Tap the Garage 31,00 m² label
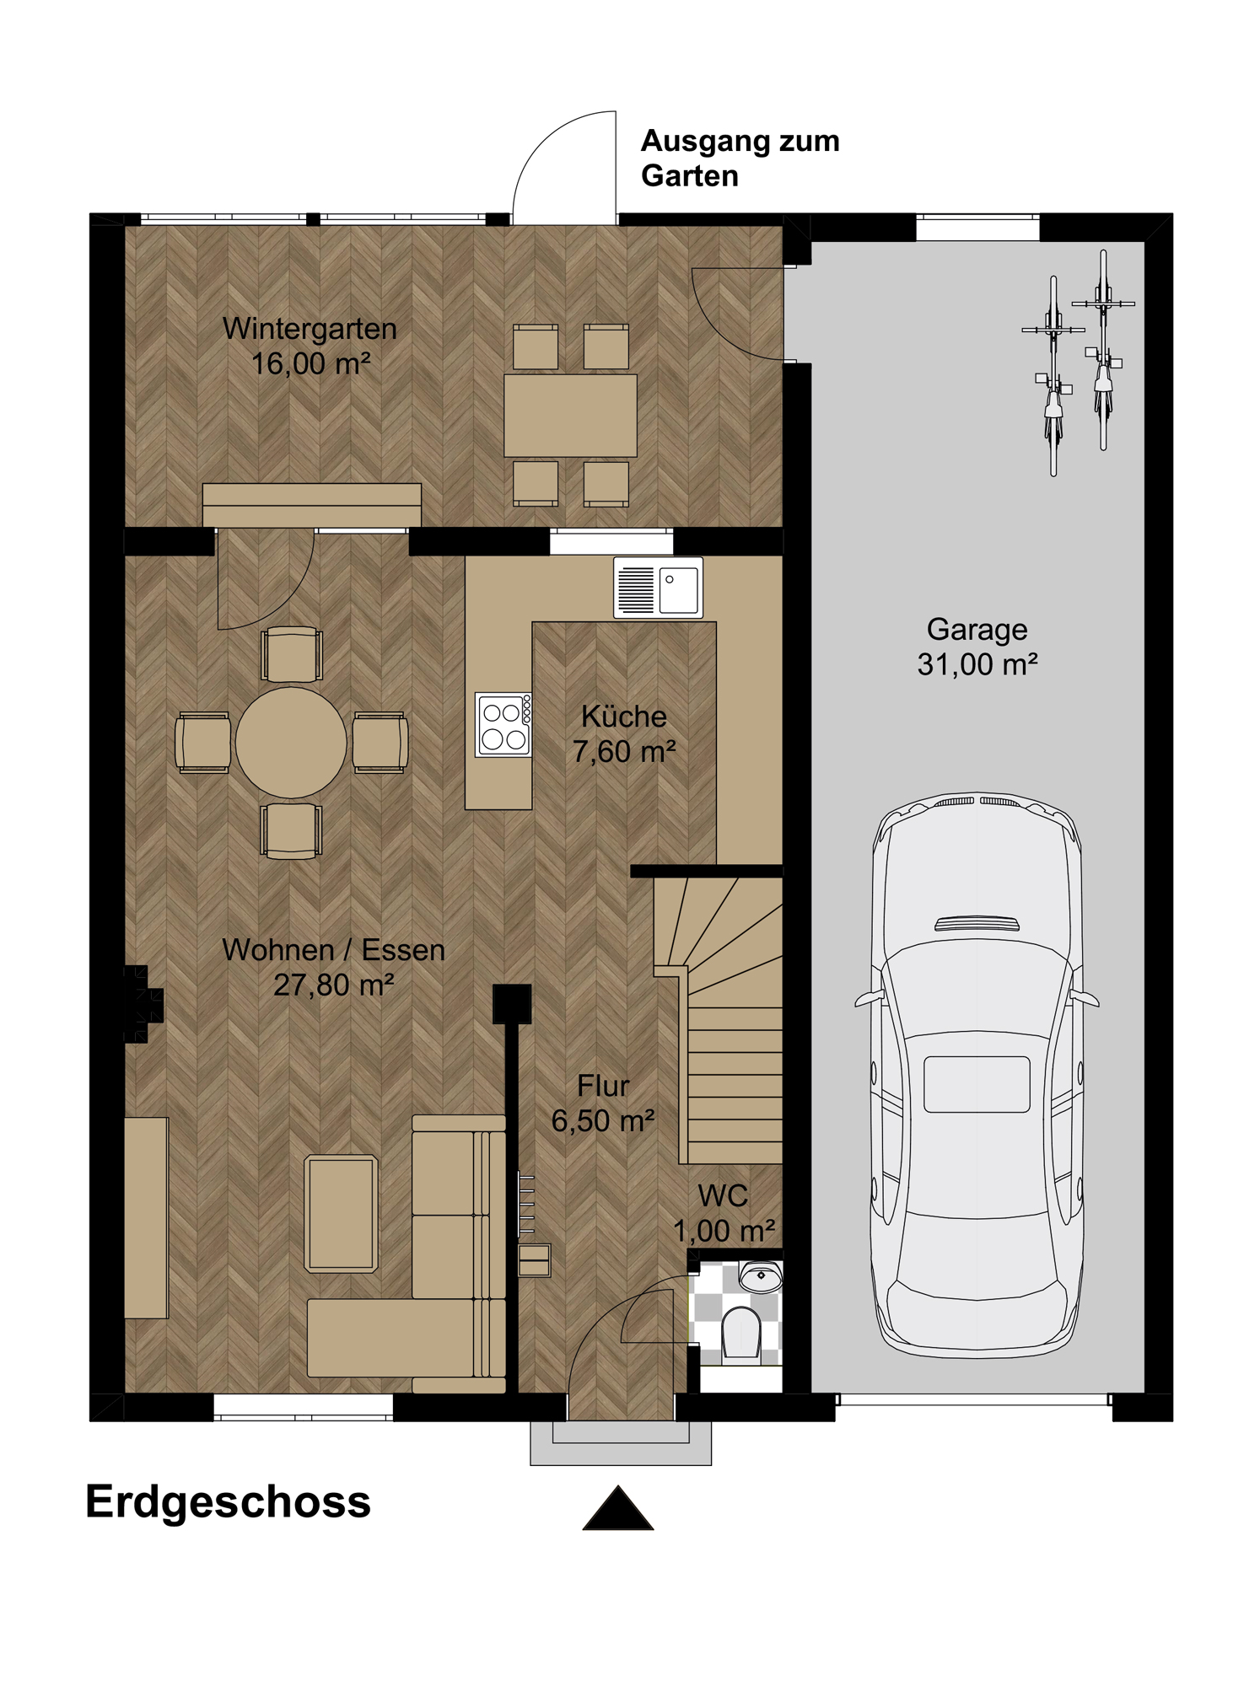click(x=977, y=647)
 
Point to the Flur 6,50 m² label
click(x=603, y=1103)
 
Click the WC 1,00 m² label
click(x=724, y=1213)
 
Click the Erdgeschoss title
click(x=228, y=1501)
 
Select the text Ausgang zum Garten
click(x=740, y=158)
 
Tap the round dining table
click(x=291, y=742)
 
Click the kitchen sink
click(x=658, y=588)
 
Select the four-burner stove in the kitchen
click(x=503, y=724)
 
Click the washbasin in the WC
click(x=761, y=1276)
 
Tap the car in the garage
click(x=977, y=1075)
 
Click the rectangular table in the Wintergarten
click(x=570, y=416)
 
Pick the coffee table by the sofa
click(x=341, y=1213)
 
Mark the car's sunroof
click(x=977, y=1084)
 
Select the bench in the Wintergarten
click(x=312, y=505)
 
